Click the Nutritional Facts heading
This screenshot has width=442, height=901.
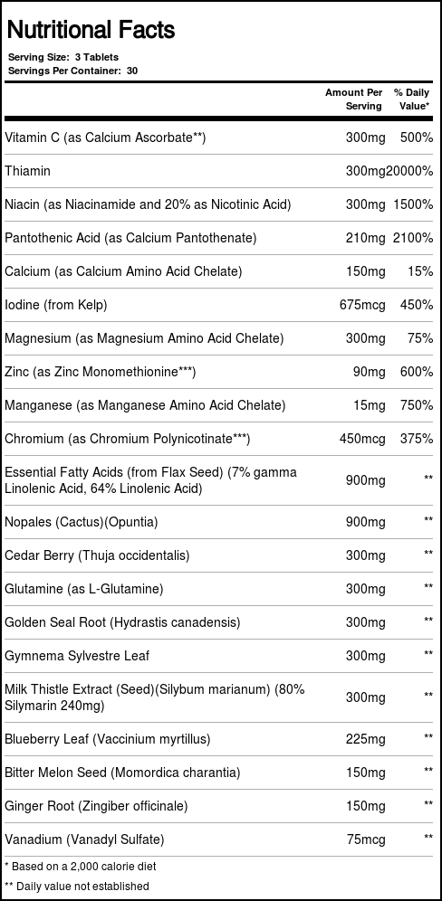pos(91,31)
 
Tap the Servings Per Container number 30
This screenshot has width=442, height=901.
pos(132,70)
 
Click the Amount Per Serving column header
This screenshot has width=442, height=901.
pos(354,100)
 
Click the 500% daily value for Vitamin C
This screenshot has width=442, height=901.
pos(416,138)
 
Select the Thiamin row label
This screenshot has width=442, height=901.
pos(28,171)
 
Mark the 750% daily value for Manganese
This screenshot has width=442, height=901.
pos(416,405)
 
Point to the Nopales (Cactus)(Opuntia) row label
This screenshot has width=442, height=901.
pos(82,522)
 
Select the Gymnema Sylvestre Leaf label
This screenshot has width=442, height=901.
pos(77,656)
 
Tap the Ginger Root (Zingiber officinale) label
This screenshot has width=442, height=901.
pos(96,806)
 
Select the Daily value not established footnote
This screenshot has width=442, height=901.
pos(77,887)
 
